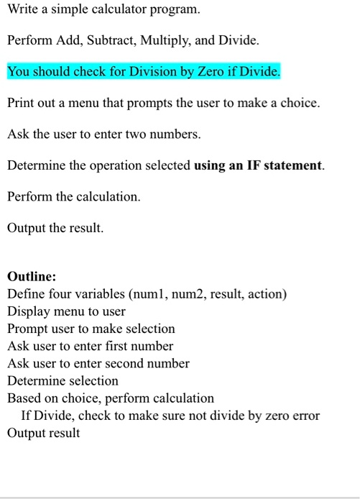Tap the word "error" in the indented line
(x=305, y=416)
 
